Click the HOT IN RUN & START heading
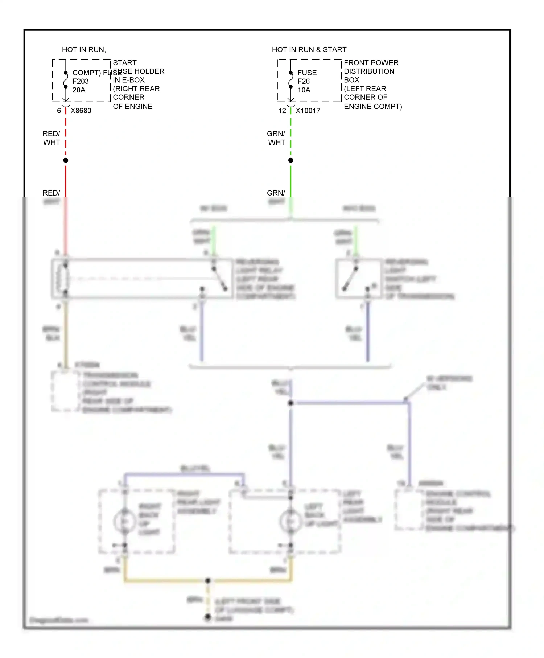tap(309, 49)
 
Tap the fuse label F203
tap(81, 81)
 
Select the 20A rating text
tap(79, 90)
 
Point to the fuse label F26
tap(304, 81)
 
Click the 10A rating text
tap(304, 90)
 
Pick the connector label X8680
tap(81, 111)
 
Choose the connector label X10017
tap(308, 111)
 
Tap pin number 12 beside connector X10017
tap(282, 111)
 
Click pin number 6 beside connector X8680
tap(59, 111)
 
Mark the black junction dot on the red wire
tap(66, 160)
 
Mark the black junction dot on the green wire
tap(291, 160)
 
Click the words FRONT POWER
tap(371, 63)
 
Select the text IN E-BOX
tap(129, 80)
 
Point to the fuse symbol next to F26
tap(291, 80)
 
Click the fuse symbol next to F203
tap(66, 80)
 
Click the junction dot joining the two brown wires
tap(208, 581)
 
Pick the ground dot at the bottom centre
tap(208, 616)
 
